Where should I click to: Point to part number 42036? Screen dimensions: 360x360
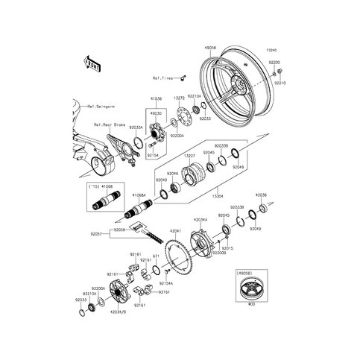point(260,195)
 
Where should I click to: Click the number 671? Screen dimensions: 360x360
point(157,256)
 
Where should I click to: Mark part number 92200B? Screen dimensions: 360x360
point(218,253)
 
